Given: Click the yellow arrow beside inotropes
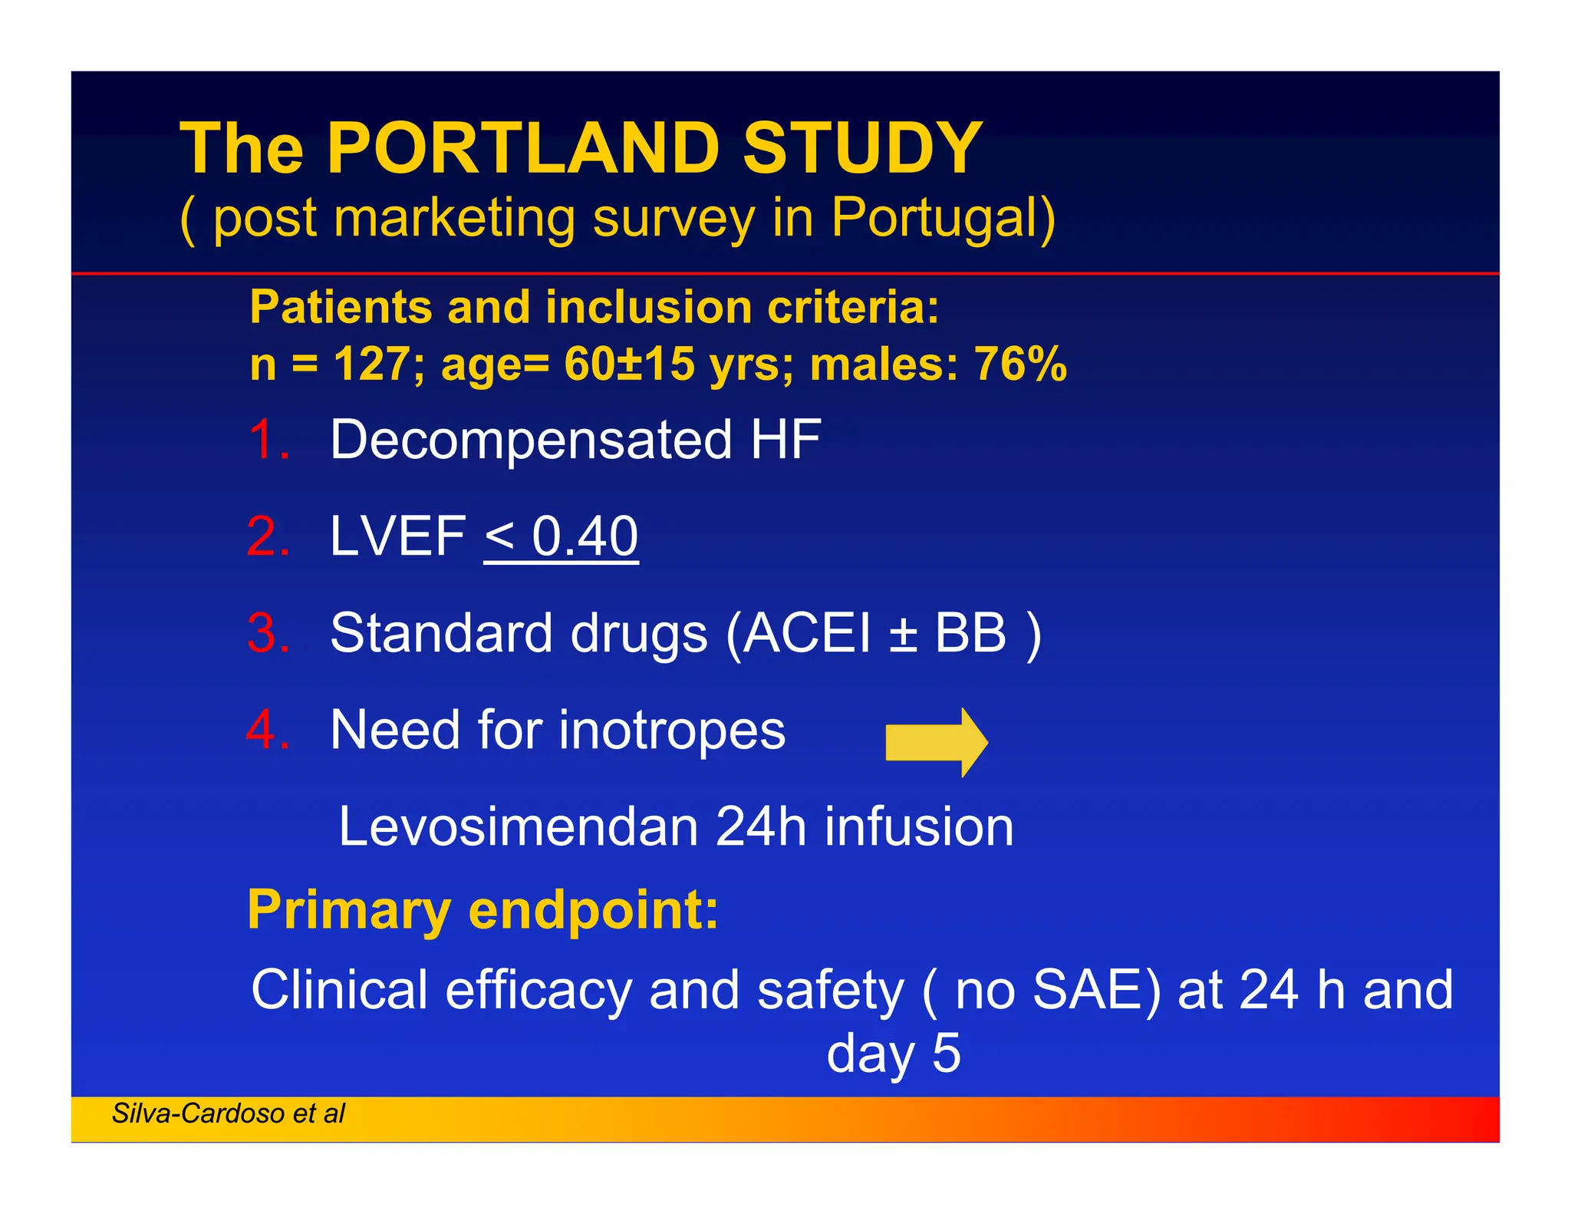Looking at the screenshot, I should pos(936,742).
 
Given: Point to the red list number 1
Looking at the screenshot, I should pos(269,440).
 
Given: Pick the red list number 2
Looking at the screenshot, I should pos(269,536).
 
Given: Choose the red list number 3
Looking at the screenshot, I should pos(269,633).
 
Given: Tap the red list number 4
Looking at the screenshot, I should pos(269,730).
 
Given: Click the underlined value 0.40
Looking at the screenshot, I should pos(585,536).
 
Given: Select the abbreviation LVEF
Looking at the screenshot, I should pos(397,536).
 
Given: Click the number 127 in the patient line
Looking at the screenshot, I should pos(372,364).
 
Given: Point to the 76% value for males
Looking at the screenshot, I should pos(1020,364).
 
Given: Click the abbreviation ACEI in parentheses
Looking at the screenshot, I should pos(808,633).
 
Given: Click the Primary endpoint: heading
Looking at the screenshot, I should pos(483,910).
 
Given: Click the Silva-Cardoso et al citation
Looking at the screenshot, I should pos(229,1113).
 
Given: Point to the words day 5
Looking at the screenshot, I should pos(893,1053).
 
